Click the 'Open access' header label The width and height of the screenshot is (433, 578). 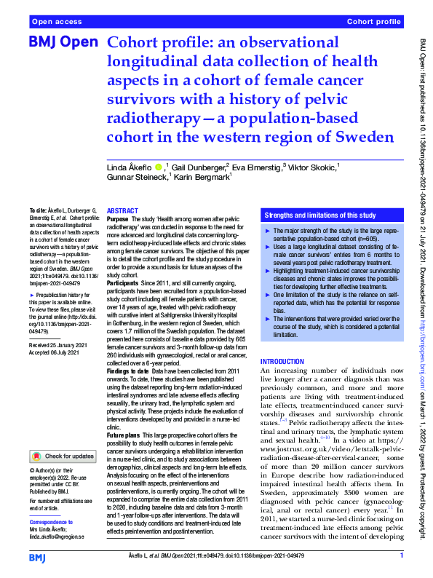tap(57, 23)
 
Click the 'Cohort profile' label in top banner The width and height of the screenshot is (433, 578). tap(375, 23)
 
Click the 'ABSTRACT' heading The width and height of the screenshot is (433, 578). tap(122, 210)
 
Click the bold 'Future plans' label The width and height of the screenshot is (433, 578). tap(124, 435)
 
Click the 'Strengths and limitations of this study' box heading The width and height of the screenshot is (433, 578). tap(319, 216)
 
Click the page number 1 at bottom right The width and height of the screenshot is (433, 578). tap(401, 556)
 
